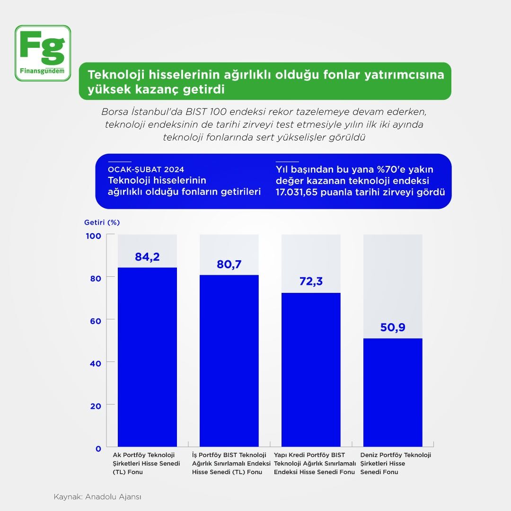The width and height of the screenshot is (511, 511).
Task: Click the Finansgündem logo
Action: pos(43,53)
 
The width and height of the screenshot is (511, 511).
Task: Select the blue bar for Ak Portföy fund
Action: pos(147,357)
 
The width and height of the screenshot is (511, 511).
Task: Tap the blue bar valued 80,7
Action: pos(229,361)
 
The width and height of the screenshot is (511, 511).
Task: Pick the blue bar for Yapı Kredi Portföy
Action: pos(311,370)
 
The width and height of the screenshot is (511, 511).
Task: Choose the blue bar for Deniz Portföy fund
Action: pos(393,392)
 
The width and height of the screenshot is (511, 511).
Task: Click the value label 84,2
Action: pos(147,257)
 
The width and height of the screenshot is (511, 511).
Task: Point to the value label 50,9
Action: pos(393,327)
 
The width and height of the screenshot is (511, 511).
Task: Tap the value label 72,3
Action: pos(311,282)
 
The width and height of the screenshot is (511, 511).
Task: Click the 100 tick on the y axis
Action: pos(95,235)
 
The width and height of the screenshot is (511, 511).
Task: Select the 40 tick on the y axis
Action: pos(96,363)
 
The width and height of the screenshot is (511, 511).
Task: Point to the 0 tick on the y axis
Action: pos(98,449)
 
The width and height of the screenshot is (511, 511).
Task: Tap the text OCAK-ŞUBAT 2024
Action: pos(146,169)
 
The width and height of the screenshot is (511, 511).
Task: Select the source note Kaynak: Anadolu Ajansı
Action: pos(98,497)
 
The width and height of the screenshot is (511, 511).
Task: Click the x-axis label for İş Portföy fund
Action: pos(231,463)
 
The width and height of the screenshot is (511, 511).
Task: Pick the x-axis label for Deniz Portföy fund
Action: pos(396,463)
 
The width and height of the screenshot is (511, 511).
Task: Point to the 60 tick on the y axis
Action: pos(96,320)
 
